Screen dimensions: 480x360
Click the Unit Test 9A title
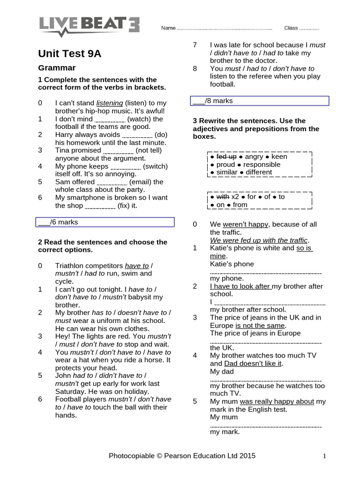coord(69,53)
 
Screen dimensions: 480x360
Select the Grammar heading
coord(57,68)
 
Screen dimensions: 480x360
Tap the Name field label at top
coord(168,28)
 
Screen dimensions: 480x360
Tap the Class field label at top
coord(291,28)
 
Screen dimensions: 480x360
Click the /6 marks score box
coord(105,222)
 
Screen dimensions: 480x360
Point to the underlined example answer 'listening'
coord(110,103)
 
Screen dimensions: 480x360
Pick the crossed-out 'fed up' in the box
coord(226,157)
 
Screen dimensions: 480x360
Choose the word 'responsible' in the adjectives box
coord(262,165)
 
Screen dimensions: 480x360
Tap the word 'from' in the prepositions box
coord(240,204)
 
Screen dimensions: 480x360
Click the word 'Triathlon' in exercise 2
coord(73,266)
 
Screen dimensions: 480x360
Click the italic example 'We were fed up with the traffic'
coord(259,240)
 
